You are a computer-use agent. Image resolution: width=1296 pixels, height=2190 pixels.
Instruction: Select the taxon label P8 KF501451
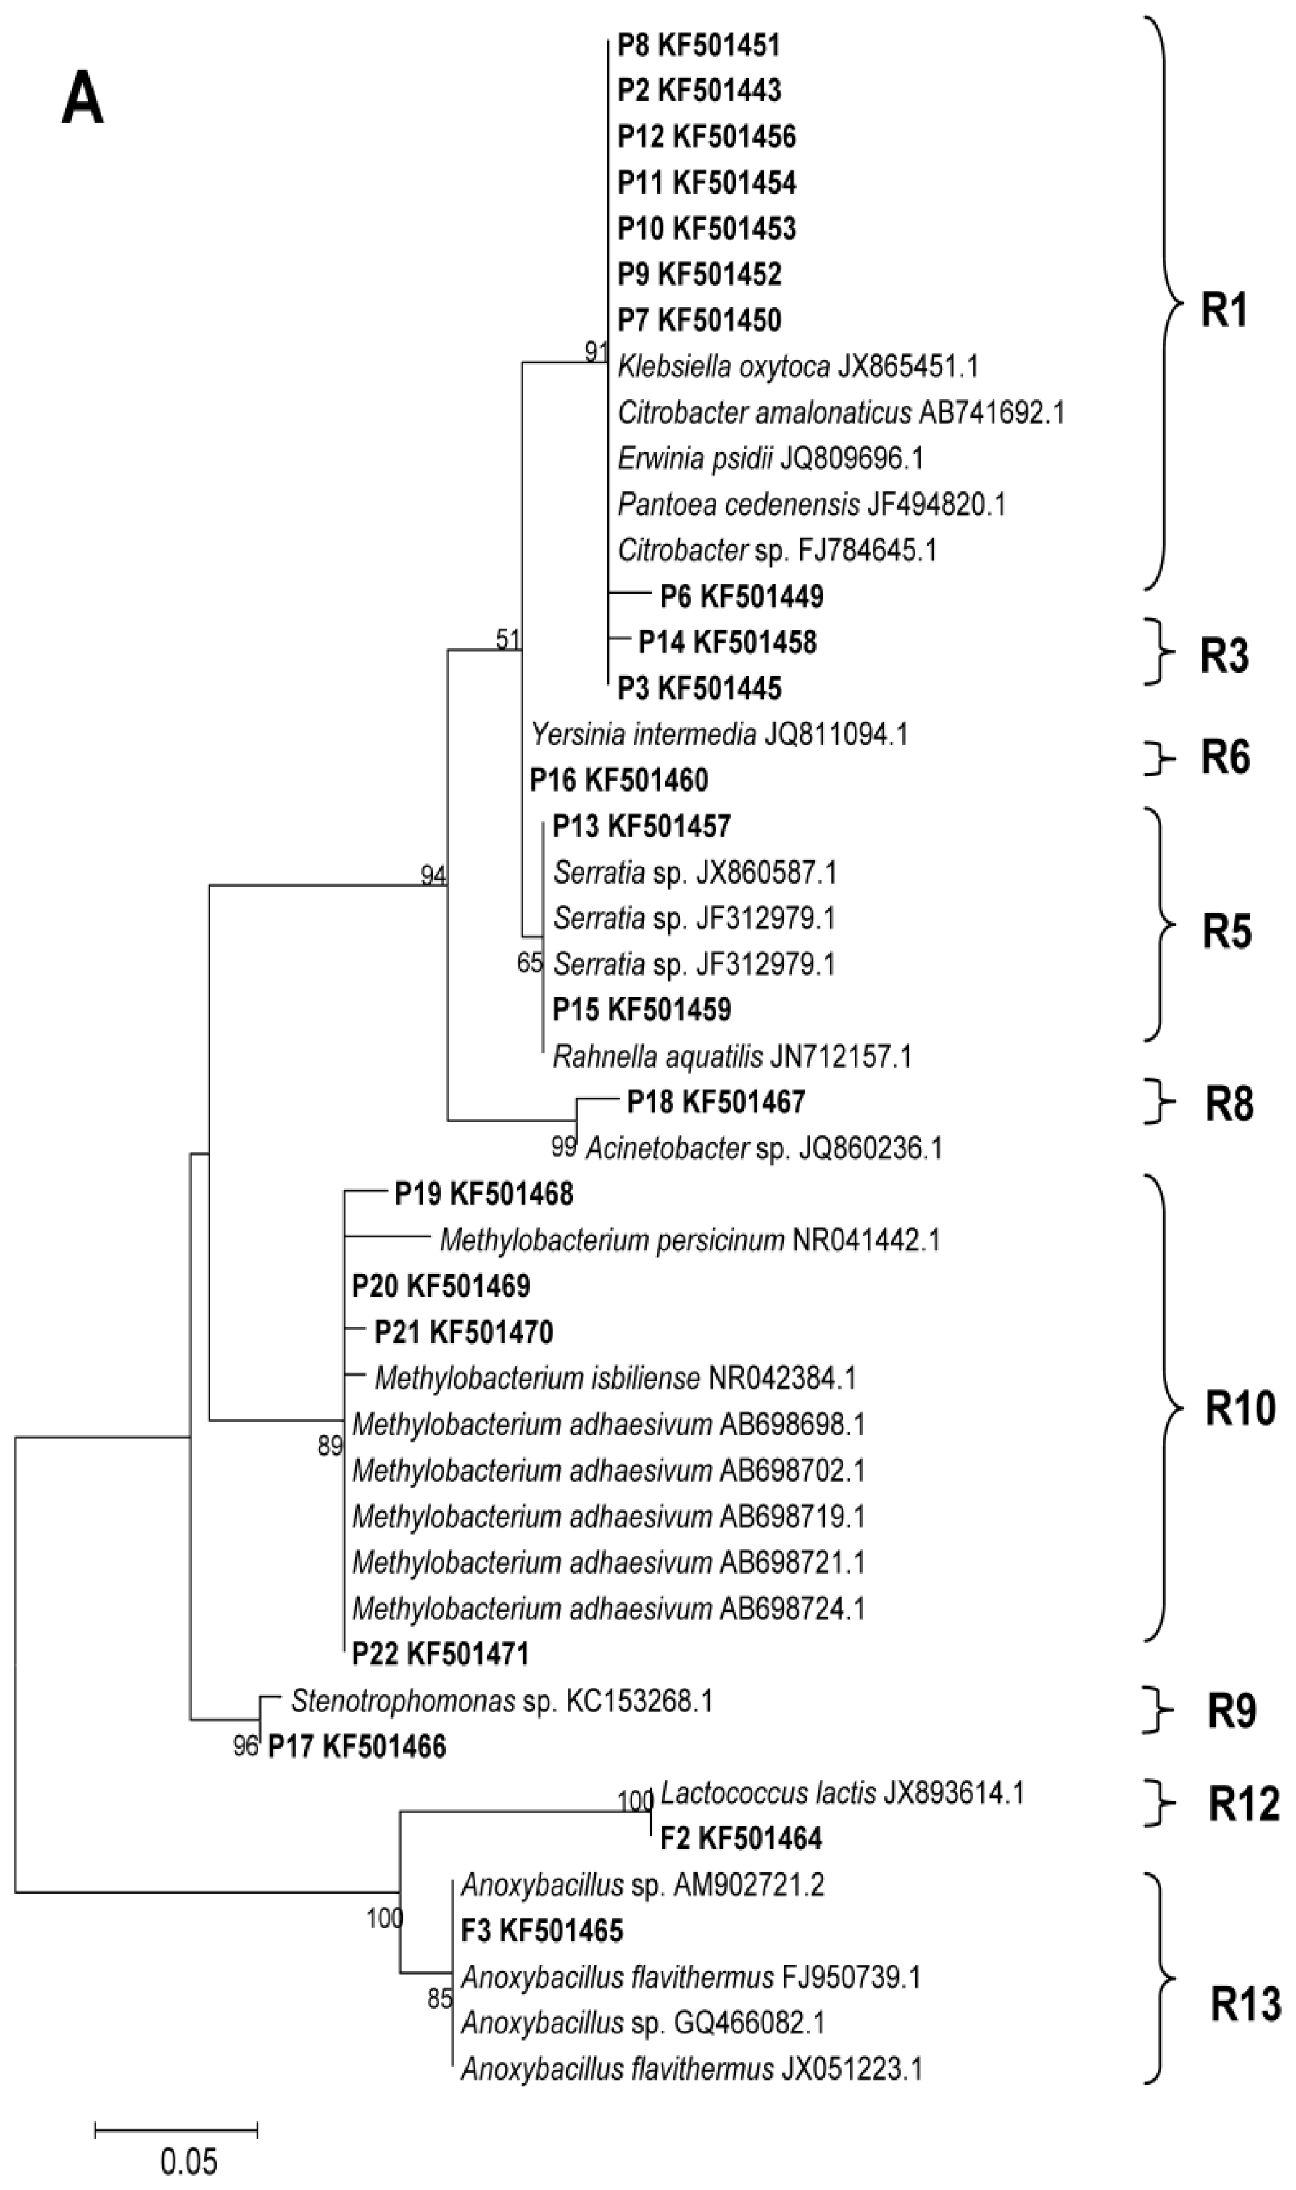point(699,44)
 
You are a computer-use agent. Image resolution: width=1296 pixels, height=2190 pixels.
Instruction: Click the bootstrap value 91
point(597,351)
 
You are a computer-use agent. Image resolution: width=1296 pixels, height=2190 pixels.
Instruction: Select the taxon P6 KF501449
point(742,597)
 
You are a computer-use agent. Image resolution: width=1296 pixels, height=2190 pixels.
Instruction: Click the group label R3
point(1224,656)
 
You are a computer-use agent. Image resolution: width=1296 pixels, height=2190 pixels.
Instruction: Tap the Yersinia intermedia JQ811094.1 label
point(720,734)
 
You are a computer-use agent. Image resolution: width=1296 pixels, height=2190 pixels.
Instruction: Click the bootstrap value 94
point(433,874)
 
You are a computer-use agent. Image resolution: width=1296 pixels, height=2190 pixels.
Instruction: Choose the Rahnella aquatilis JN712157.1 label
point(732,1058)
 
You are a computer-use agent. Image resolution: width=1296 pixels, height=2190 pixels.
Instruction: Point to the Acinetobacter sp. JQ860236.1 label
point(764,1148)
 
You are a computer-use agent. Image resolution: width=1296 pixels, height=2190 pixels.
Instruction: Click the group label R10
point(1239,1408)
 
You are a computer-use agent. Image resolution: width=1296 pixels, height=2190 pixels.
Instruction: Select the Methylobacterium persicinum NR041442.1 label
point(689,1240)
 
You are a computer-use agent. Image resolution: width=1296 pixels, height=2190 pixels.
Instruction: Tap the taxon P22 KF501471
point(440,1653)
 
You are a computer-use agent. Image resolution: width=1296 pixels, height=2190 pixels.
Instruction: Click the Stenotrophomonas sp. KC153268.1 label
point(502,1700)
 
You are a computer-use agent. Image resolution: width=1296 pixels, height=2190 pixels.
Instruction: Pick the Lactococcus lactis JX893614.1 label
point(842,1793)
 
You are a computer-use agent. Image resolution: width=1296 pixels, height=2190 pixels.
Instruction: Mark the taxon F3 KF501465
point(541,1930)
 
